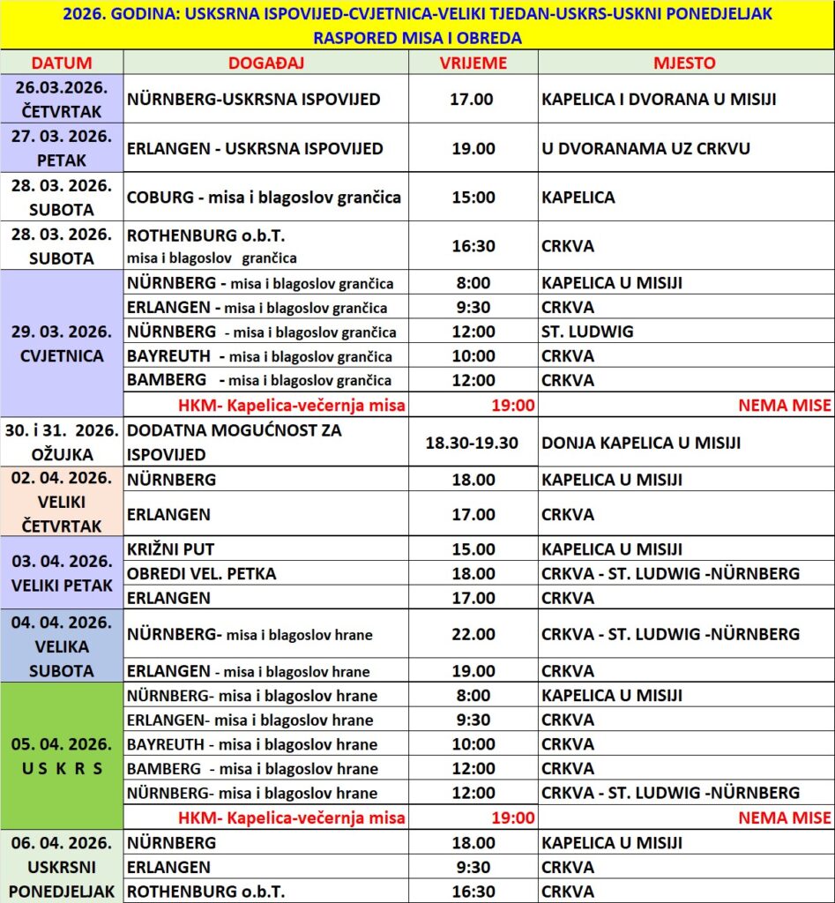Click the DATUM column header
click(62, 63)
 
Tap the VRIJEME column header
click(473, 63)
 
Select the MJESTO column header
click(684, 63)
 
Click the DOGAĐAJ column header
click(265, 63)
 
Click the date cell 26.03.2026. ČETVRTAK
click(62, 99)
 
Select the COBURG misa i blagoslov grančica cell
click(265, 197)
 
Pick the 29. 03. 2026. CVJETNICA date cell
click(62, 344)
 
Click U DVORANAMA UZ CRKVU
click(645, 148)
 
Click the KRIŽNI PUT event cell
click(171, 549)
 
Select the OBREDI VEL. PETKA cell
click(202, 573)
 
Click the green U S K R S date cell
click(62, 756)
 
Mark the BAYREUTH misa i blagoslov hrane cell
click(252, 744)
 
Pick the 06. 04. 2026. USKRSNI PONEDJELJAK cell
click(62, 867)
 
